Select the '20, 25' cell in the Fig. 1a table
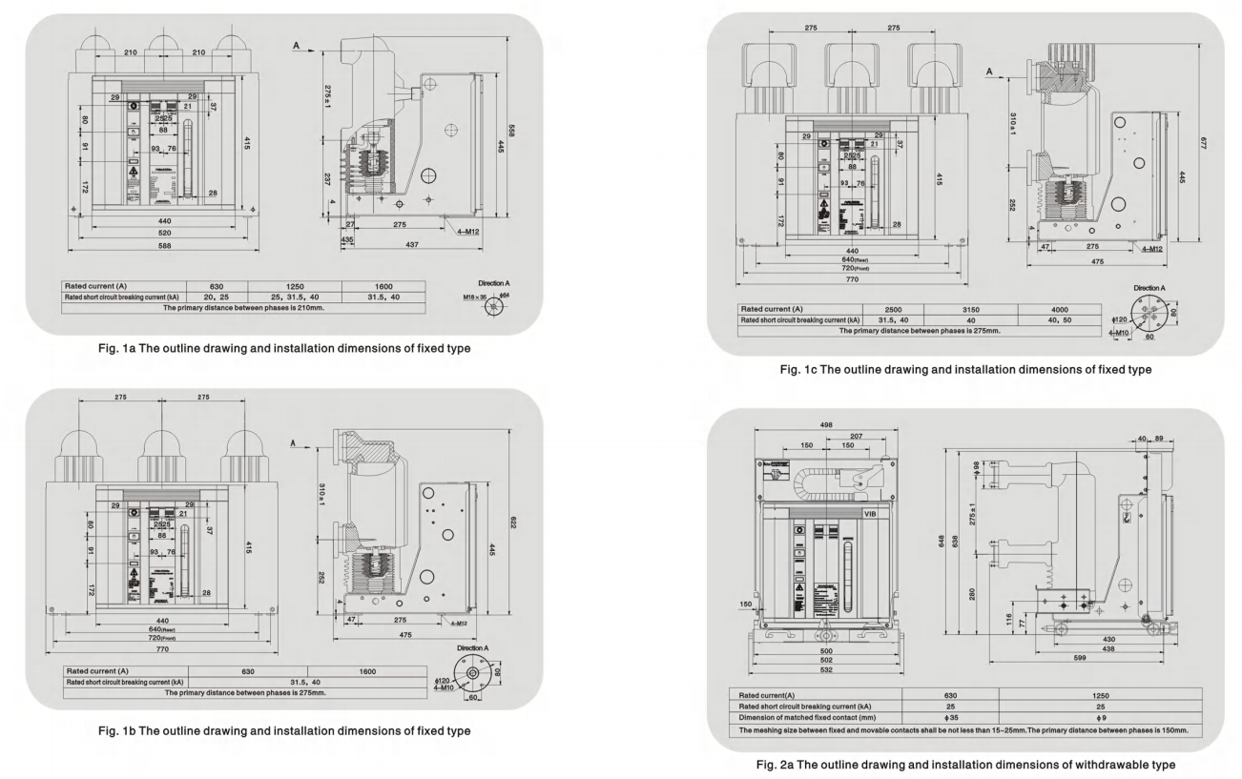[x=220, y=297]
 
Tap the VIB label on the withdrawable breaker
[x=870, y=514]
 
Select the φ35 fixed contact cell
[x=949, y=718]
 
